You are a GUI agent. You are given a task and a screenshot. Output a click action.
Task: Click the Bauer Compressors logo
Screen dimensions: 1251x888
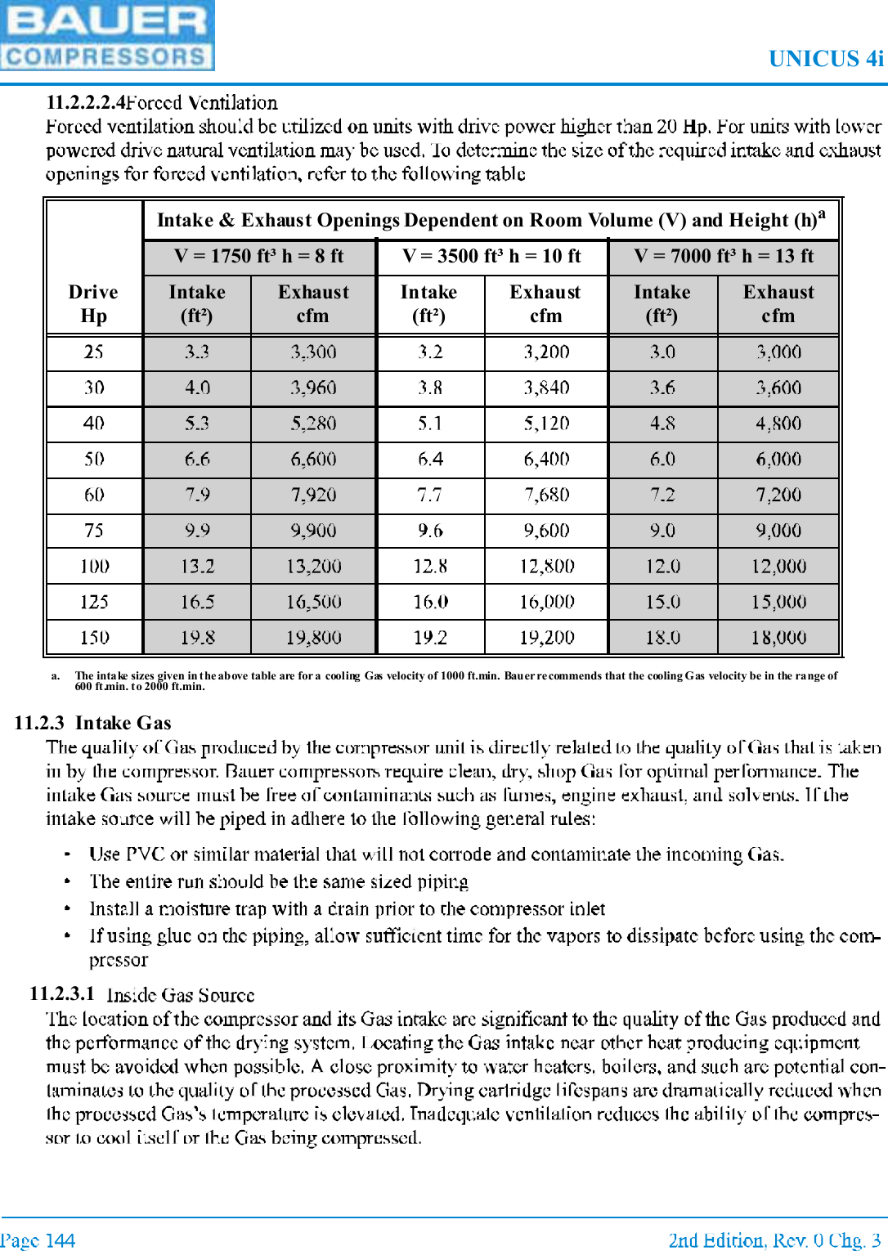(107, 35)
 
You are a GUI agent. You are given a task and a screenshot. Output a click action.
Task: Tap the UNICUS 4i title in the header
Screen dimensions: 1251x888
(825, 59)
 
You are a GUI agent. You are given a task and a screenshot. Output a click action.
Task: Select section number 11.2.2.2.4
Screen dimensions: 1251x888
(86, 102)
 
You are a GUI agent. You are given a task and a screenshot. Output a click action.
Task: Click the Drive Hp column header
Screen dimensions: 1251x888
(93, 303)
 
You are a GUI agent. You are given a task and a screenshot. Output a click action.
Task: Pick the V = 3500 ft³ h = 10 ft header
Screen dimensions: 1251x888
(491, 256)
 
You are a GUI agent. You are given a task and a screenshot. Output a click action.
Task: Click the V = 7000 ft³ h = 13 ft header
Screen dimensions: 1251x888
(724, 256)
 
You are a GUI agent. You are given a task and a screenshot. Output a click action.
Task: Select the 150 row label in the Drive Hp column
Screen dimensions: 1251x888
(94, 637)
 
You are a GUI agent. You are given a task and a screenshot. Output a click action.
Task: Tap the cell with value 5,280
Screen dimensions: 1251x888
(313, 424)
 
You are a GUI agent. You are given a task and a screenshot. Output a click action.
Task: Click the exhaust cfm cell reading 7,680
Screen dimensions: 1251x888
(546, 495)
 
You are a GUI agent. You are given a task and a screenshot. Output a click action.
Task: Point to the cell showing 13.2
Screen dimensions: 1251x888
(197, 566)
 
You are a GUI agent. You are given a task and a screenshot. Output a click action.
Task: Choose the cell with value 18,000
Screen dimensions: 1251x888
(778, 637)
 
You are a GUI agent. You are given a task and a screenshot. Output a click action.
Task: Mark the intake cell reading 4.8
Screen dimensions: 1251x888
(662, 424)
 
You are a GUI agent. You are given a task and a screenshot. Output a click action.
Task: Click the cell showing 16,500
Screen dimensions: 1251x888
(313, 602)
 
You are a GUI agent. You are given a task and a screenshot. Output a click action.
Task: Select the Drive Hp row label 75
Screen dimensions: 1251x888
(94, 531)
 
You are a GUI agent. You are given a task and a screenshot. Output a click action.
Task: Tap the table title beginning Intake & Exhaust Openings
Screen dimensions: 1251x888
(491, 220)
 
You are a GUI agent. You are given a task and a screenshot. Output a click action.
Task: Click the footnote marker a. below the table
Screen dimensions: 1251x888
(56, 675)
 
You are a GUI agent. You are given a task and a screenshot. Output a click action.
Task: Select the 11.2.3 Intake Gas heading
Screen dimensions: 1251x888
(92, 723)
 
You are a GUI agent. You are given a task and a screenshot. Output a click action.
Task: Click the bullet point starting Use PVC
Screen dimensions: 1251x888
(436, 854)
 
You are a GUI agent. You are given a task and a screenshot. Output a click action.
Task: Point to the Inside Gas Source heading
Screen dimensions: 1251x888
(180, 995)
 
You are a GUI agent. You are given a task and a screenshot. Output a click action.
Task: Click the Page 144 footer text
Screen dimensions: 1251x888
(38, 1240)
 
